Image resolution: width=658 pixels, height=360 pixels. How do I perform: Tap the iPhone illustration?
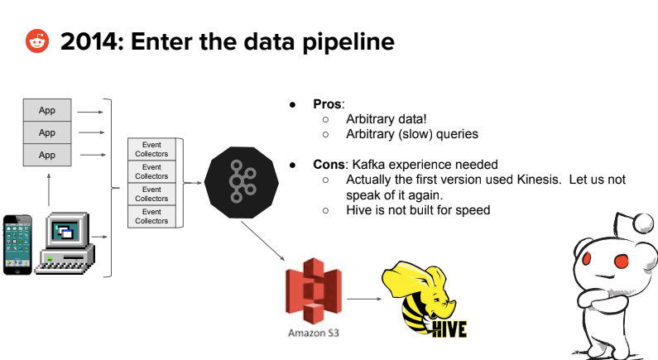pyautogui.click(x=18, y=245)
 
